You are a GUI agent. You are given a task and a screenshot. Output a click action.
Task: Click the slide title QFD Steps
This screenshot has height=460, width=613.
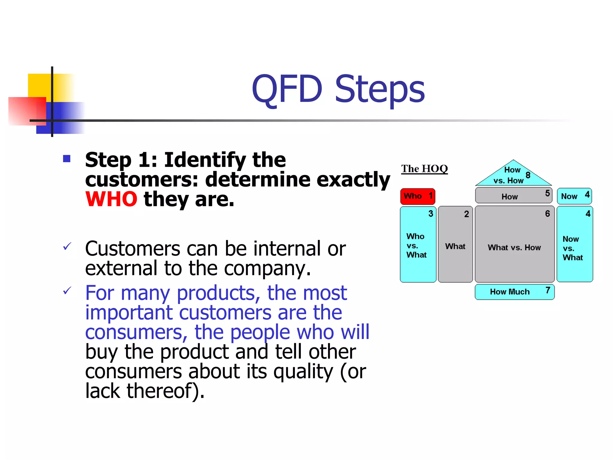[338, 89]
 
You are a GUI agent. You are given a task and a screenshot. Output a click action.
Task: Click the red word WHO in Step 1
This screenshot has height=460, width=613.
[111, 199]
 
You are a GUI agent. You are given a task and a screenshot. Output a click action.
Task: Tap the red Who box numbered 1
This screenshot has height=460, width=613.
[418, 196]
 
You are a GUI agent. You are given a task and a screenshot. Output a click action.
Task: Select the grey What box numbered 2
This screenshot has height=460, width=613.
[455, 244]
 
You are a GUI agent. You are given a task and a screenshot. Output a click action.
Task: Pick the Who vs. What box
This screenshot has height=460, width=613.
[418, 244]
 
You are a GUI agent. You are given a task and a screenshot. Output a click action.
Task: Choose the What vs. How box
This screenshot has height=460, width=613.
[514, 244]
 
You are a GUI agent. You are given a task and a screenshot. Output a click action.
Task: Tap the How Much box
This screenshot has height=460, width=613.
[514, 292]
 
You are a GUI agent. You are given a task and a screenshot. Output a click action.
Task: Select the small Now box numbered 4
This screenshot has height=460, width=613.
[574, 196]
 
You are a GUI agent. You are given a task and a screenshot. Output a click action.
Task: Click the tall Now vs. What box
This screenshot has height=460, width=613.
[574, 244]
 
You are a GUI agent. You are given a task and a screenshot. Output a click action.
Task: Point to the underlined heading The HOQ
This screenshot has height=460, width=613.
[424, 169]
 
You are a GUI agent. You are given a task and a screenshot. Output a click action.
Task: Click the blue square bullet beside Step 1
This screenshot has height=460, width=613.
[67, 158]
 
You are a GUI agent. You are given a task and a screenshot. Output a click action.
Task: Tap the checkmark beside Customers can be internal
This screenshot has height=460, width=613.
[67, 246]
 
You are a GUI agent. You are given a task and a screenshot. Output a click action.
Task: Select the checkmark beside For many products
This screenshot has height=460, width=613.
[67, 290]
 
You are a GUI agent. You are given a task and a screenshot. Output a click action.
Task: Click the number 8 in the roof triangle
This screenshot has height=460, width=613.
[528, 175]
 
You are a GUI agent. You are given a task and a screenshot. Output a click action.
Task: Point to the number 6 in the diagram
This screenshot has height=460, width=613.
[547, 214]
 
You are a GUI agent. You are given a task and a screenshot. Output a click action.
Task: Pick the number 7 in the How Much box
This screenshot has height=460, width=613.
[548, 290]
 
